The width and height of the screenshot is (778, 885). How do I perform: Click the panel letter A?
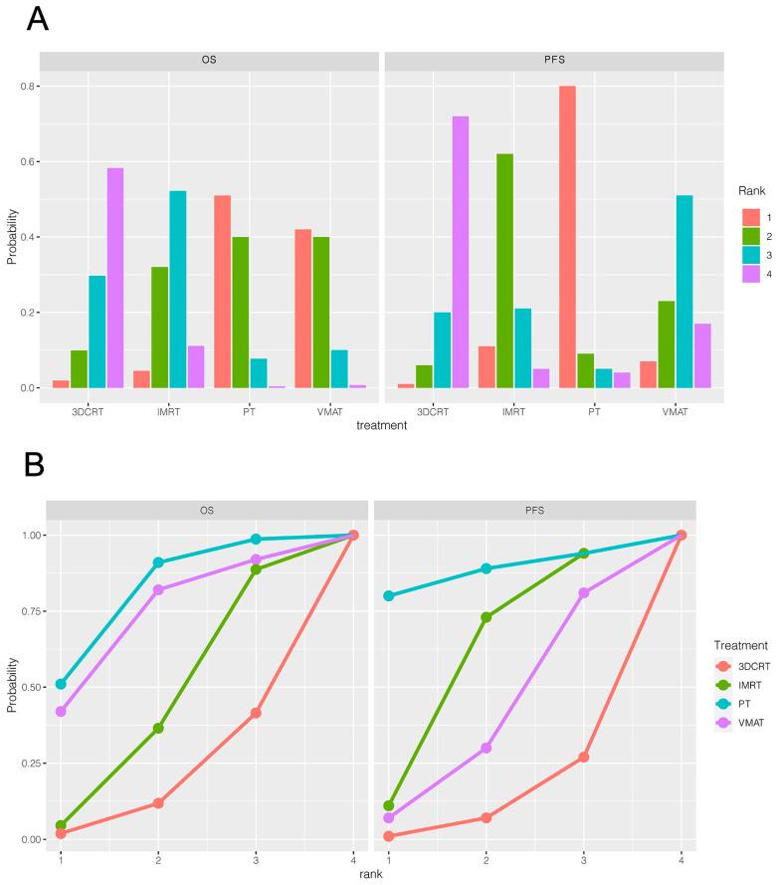[37, 21]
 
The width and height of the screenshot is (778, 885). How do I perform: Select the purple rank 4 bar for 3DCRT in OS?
[115, 278]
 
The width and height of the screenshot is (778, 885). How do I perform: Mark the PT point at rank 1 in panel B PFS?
[388, 596]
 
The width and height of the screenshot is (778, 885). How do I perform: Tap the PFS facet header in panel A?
[556, 60]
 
